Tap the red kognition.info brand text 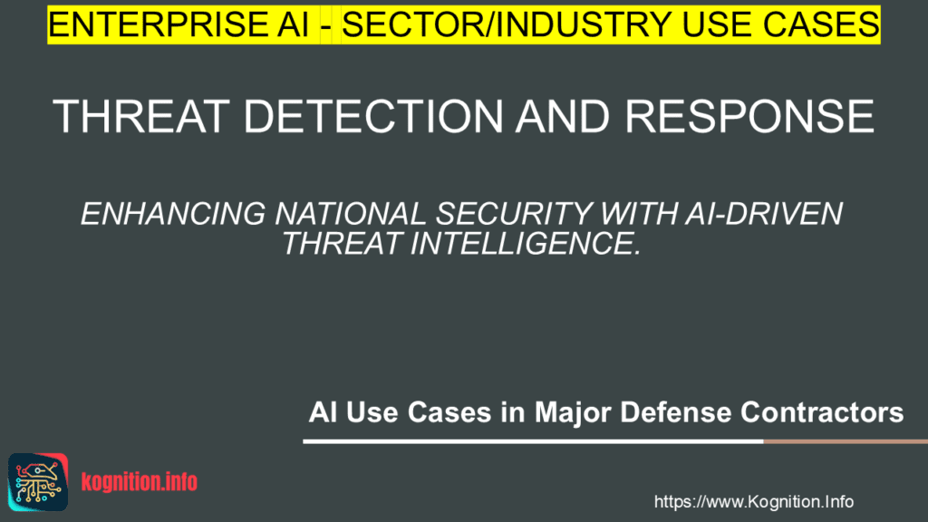tap(139, 482)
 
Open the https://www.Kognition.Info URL tap(753, 501)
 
